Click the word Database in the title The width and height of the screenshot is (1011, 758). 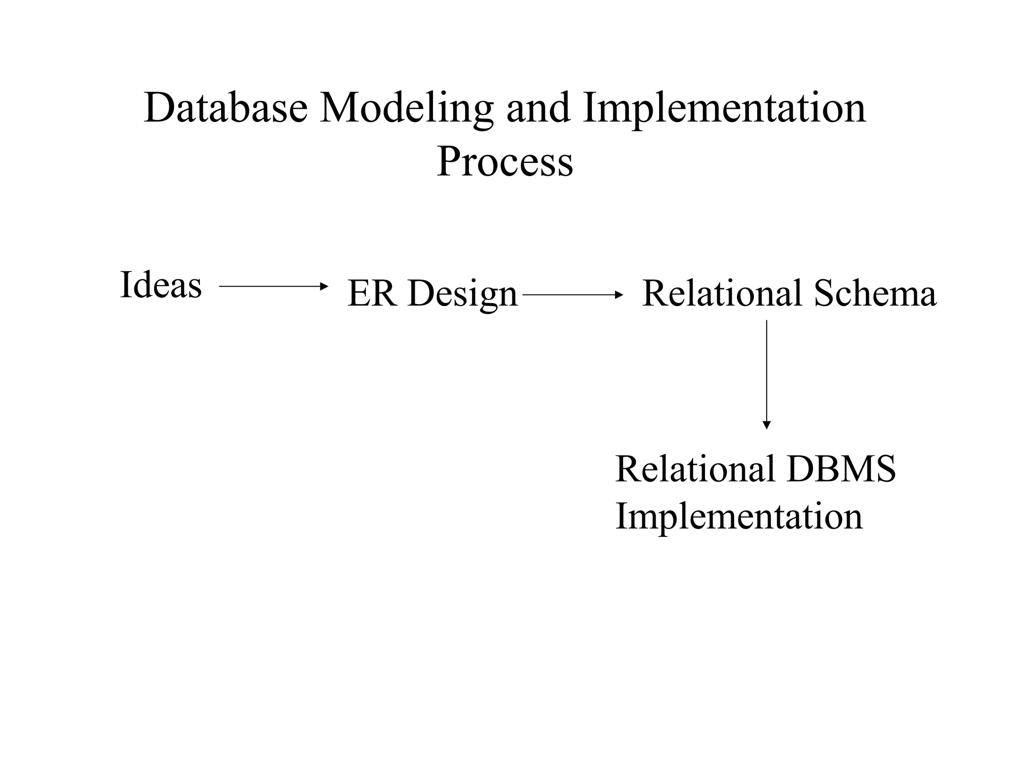226,108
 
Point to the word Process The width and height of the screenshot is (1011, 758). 505,162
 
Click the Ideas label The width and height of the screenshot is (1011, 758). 161,285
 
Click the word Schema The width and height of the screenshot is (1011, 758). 875,294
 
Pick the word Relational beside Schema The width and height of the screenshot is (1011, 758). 722,294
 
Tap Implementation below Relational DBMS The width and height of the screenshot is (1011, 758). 739,517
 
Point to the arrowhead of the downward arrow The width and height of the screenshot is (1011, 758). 767,425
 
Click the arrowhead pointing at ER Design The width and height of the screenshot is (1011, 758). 324,286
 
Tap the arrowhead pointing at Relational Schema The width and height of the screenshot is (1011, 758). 620,295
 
